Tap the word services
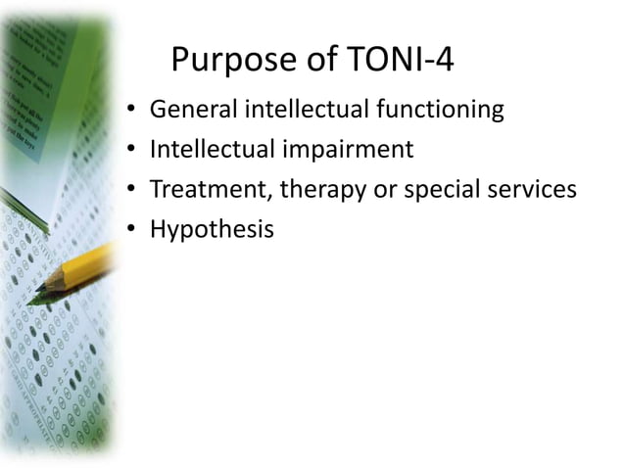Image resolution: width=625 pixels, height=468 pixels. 537,189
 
